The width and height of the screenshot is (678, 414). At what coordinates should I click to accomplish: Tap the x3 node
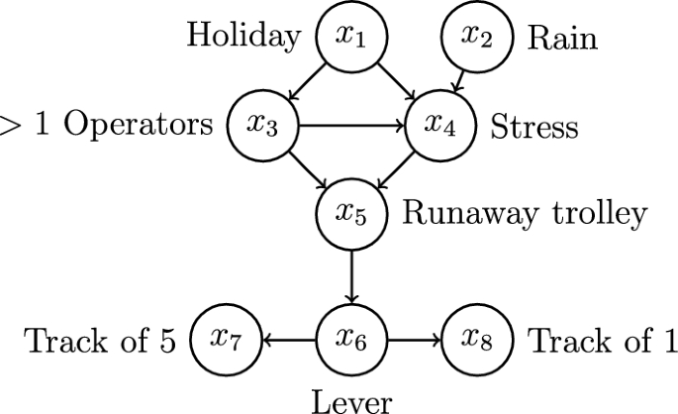262,126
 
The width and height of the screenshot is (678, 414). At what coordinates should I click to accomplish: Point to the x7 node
225,341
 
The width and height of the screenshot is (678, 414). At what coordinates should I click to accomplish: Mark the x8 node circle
478,341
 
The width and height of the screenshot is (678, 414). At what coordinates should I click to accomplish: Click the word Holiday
243,39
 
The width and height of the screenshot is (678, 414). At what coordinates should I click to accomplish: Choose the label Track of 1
602,342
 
